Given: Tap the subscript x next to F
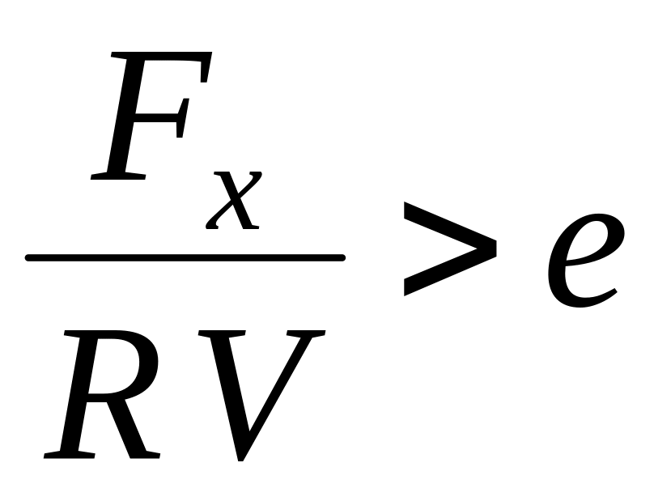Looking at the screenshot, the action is (x=233, y=200).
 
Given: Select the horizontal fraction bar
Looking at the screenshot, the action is (x=185, y=258).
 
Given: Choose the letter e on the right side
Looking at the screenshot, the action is (x=581, y=259).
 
